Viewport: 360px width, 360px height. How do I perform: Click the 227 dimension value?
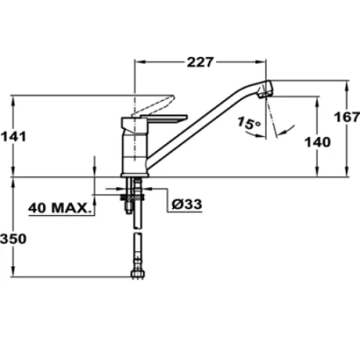(202, 65)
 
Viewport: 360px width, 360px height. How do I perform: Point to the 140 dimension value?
(318, 142)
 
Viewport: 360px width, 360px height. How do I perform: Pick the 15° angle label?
(249, 124)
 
